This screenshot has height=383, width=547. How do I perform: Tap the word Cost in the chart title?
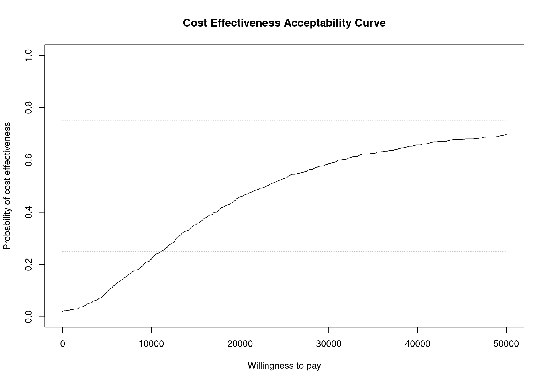click(x=195, y=23)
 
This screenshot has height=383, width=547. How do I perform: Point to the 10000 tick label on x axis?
click(x=151, y=344)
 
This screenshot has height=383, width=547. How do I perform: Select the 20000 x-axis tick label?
click(x=240, y=344)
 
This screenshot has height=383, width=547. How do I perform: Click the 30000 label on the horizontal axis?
click(x=329, y=344)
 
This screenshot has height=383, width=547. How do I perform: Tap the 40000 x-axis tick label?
click(x=417, y=344)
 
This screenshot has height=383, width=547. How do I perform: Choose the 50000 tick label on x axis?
click(x=506, y=344)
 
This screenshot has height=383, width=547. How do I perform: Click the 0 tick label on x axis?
click(x=62, y=344)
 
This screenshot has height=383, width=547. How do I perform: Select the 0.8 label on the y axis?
click(x=28, y=107)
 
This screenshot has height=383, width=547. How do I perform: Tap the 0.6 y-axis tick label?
click(x=28, y=160)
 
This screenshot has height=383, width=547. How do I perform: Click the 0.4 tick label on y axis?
click(x=28, y=212)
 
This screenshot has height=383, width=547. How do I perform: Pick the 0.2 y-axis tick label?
click(x=28, y=264)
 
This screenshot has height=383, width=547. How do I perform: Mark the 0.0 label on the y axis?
click(x=28, y=317)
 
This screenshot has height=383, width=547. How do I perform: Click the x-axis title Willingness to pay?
click(x=284, y=366)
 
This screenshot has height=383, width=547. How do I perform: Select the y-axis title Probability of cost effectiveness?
click(x=7, y=186)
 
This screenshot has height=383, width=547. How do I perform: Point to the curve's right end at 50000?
click(x=506, y=135)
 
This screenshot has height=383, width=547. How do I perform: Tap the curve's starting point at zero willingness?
click(x=63, y=311)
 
